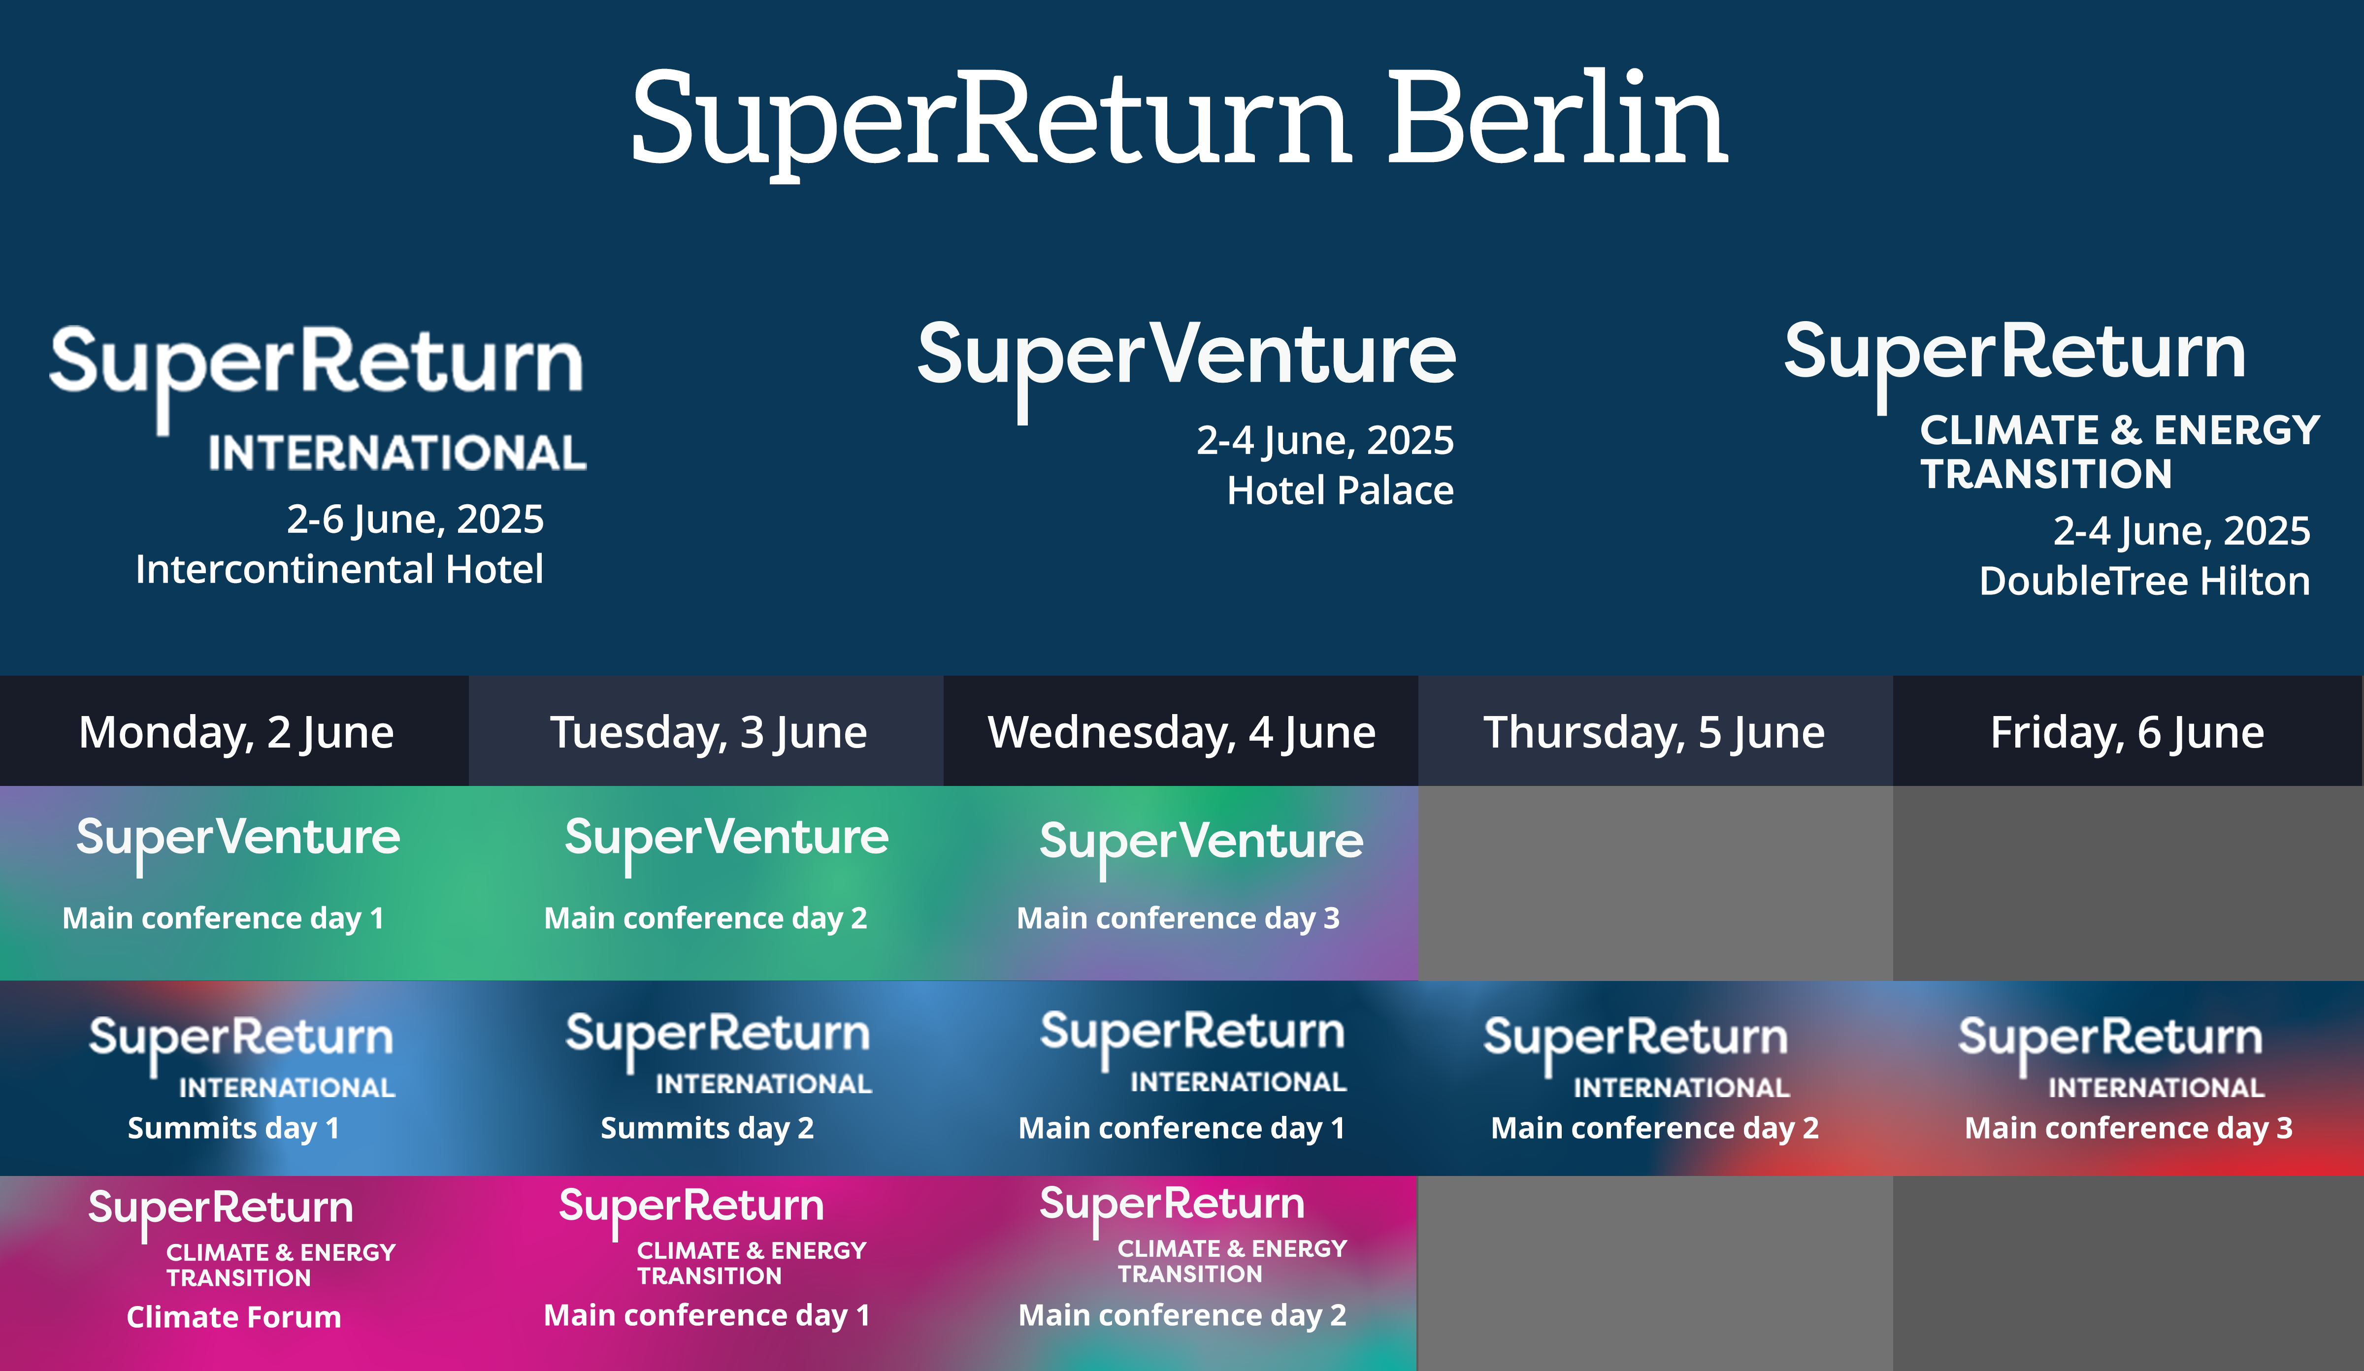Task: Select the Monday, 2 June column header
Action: tap(235, 732)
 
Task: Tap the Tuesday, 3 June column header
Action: tap(708, 732)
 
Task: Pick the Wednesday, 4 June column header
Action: tap(1181, 732)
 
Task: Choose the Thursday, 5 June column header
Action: tap(1654, 732)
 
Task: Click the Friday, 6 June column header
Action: tap(2127, 732)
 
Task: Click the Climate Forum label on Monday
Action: tap(233, 1317)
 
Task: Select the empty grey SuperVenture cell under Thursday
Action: tap(1655, 882)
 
